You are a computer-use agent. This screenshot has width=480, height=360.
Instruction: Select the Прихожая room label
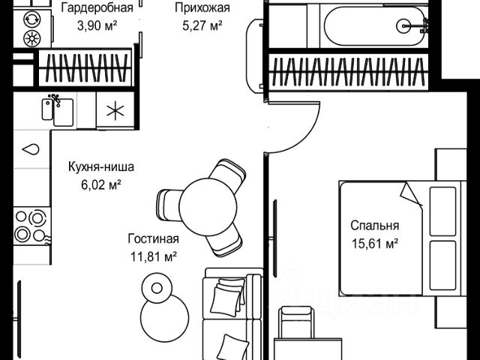pos(201,8)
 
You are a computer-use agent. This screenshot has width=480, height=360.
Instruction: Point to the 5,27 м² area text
pos(201,25)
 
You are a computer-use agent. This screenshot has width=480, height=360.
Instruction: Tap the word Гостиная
pos(153,239)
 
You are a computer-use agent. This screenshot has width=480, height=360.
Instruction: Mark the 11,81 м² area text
pos(153,256)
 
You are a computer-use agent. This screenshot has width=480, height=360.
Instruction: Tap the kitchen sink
pos(58,111)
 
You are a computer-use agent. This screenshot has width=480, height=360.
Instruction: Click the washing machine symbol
pos(33,37)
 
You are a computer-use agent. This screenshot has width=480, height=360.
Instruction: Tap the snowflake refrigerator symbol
pos(114,112)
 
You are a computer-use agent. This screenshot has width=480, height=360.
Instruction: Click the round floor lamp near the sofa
pos(157,288)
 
